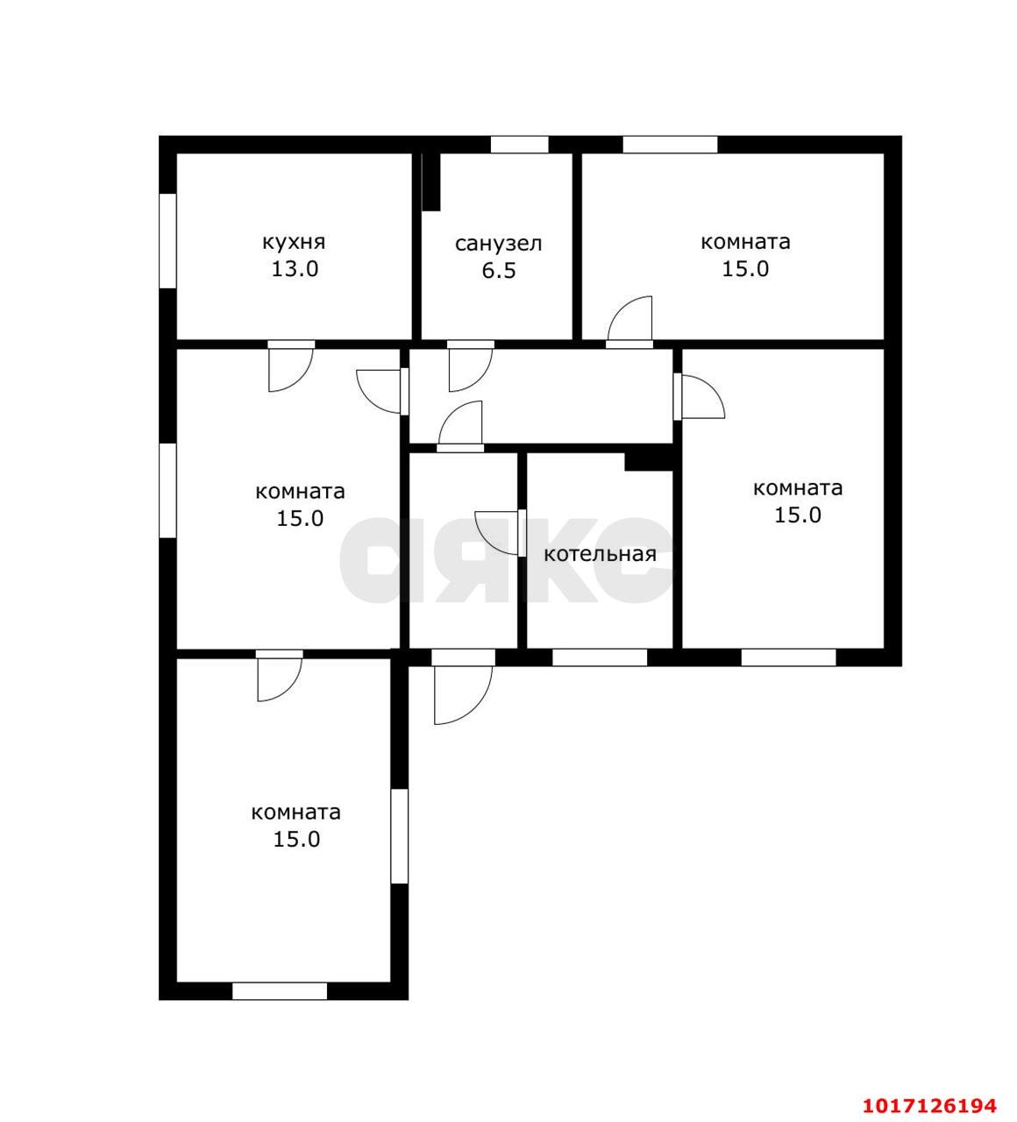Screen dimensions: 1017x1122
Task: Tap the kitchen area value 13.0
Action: [295, 270]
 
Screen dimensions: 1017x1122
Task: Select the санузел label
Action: [499, 245]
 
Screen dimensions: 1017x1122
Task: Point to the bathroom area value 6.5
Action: [499, 271]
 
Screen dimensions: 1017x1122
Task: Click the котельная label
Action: [601, 554]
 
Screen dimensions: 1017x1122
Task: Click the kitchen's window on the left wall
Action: [167, 241]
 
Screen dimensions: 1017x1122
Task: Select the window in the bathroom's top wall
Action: [520, 145]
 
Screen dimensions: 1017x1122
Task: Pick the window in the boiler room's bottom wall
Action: [601, 657]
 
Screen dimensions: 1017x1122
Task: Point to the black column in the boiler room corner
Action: [649, 461]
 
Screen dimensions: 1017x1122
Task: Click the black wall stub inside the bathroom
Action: [431, 181]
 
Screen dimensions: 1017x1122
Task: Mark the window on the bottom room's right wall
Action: [400, 836]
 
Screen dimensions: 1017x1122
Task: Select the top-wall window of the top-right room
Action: [670, 145]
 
